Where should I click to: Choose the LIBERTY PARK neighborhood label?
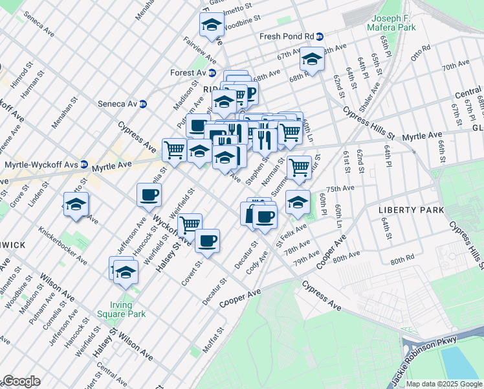tap(412, 211)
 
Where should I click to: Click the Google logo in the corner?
tap(21, 381)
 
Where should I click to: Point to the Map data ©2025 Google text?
tap(444, 384)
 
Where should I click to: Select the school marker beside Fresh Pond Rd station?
tap(312, 60)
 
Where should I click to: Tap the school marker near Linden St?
tap(76, 204)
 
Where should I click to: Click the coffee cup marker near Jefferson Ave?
tap(149, 194)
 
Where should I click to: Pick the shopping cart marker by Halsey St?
tap(189, 225)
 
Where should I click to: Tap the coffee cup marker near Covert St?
tap(207, 241)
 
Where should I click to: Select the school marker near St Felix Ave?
tap(298, 201)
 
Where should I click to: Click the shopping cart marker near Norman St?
tap(299, 167)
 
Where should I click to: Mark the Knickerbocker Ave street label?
tap(63, 246)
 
